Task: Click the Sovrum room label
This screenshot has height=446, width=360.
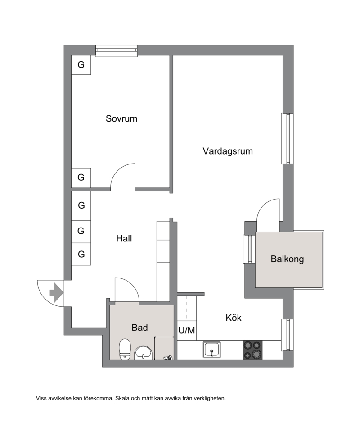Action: [121, 118]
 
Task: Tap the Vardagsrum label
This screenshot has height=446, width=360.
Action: [228, 151]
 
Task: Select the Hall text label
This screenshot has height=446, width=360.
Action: [124, 238]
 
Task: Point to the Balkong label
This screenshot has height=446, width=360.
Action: [287, 259]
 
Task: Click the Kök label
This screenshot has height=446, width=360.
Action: [233, 318]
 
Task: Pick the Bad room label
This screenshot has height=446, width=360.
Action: [139, 328]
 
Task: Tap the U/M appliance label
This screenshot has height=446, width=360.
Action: [187, 331]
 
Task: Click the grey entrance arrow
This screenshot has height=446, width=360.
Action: [56, 292]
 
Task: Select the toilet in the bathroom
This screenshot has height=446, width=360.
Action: [125, 349]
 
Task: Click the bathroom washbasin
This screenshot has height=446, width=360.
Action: [144, 353]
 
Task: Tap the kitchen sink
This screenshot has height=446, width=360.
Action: [211, 350]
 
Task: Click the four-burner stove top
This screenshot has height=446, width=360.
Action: [252, 350]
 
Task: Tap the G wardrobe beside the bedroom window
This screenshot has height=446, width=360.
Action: [81, 65]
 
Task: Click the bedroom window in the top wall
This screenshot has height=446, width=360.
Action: [116, 51]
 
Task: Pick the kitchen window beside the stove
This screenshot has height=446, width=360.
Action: [287, 335]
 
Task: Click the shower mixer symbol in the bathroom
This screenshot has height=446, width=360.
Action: [168, 357]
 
